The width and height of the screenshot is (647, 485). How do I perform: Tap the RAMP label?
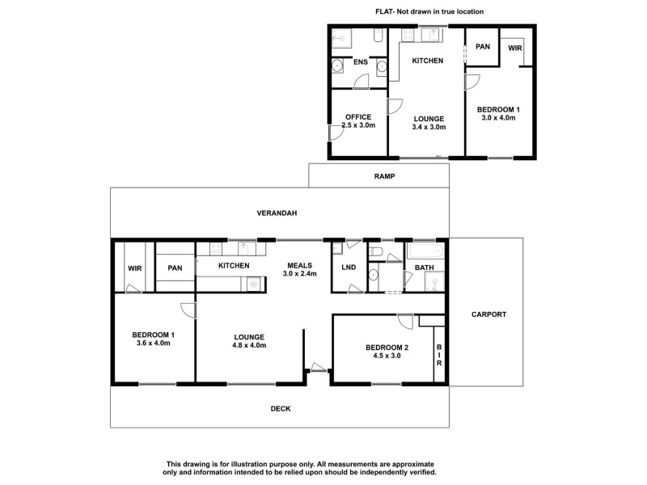[x=384, y=176]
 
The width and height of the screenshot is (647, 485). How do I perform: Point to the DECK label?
[x=281, y=409]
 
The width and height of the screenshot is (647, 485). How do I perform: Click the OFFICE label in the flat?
[x=358, y=117]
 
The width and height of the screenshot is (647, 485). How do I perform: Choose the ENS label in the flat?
[x=360, y=61]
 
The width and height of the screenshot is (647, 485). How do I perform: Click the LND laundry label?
[x=349, y=267]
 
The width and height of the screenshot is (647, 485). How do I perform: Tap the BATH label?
[x=425, y=268]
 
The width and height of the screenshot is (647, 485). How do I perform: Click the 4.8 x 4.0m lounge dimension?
[x=249, y=345]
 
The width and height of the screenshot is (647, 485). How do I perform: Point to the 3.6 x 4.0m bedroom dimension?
[x=154, y=344]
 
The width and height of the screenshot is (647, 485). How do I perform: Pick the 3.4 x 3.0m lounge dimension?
[x=428, y=127]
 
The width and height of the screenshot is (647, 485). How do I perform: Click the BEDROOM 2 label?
[x=385, y=348]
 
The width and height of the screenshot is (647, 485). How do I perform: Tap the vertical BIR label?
[x=439, y=356]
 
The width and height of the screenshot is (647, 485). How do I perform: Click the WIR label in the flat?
[x=515, y=48]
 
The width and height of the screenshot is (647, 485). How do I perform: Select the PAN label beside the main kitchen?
[x=174, y=268]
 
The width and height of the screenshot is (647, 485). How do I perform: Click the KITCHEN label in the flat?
[x=428, y=61]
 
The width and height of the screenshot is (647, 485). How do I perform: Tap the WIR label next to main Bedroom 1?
[x=134, y=268]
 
